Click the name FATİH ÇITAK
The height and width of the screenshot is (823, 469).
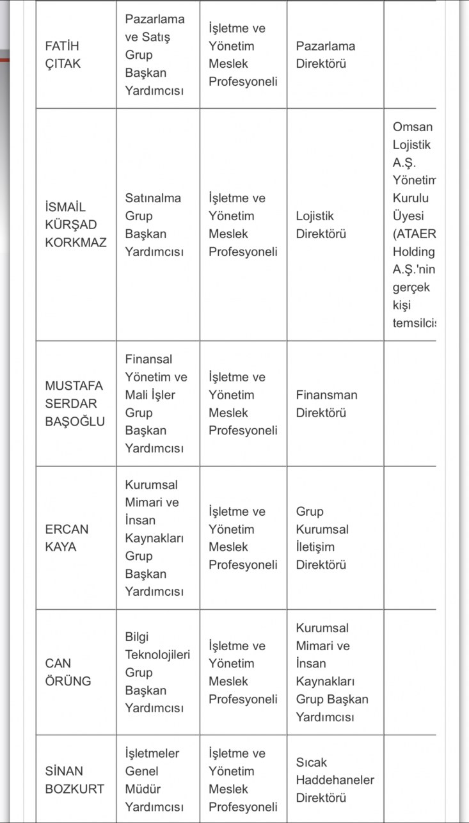(63, 55)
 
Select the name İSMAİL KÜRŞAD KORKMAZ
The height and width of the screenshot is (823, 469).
(76, 225)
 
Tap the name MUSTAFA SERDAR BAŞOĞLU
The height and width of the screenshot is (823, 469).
(75, 404)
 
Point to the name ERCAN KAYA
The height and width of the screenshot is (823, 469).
(67, 538)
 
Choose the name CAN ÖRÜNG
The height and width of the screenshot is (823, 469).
(68, 672)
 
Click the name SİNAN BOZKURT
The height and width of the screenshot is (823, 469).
(74, 780)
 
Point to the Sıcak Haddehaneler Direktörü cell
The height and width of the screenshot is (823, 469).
(335, 780)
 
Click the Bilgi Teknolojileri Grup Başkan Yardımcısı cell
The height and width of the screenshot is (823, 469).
(157, 672)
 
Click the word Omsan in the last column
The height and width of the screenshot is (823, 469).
(413, 127)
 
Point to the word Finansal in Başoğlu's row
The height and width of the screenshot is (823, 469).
(148, 360)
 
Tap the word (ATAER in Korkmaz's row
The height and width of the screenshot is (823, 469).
(414, 234)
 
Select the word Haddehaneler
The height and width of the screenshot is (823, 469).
(335, 780)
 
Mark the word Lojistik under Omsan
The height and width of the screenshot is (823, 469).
(411, 145)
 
